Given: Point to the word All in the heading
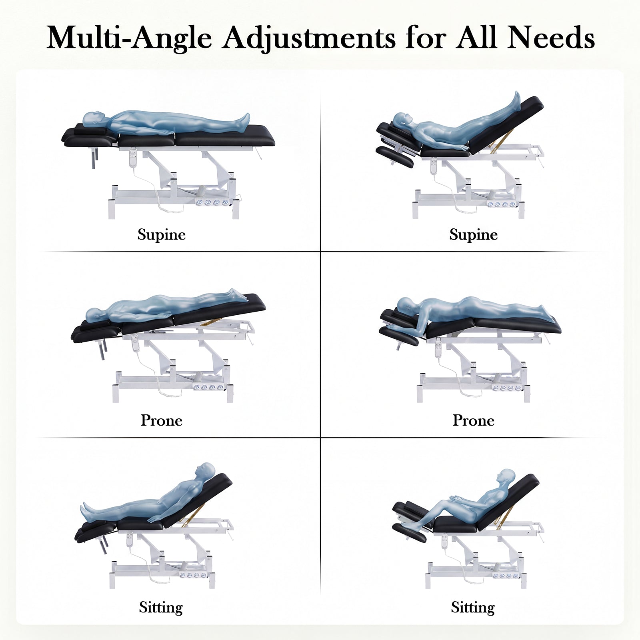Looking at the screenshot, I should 477,38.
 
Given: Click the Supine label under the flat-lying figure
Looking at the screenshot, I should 161,234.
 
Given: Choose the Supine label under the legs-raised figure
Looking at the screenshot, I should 473,234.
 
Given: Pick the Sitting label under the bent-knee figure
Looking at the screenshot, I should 472,607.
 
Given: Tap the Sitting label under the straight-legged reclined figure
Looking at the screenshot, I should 161,607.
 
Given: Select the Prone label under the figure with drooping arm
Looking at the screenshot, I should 473,420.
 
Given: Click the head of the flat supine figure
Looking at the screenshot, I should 93,118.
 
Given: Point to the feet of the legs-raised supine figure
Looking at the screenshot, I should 516,98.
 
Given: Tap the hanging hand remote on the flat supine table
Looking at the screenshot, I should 133,158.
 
